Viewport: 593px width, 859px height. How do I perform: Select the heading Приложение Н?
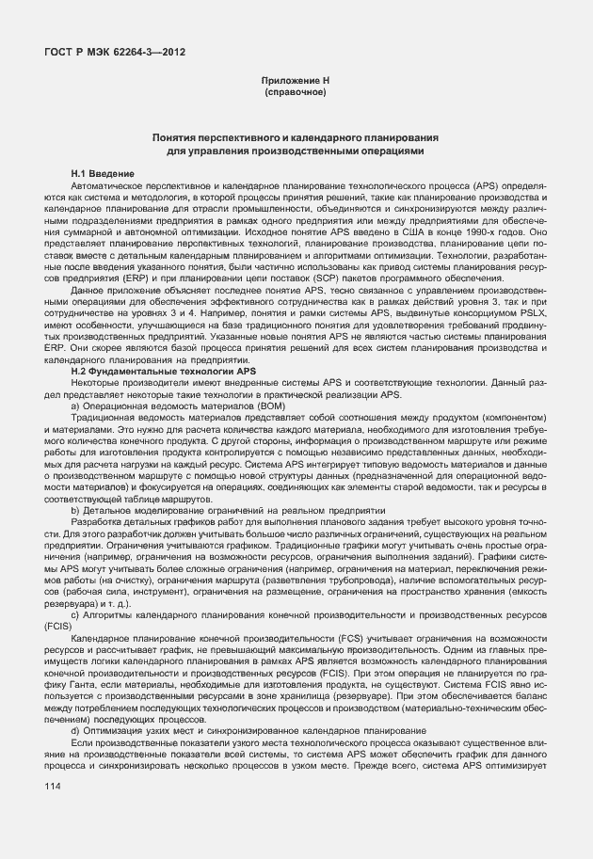pos(296,82)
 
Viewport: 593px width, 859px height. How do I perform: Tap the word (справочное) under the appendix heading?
pos(296,93)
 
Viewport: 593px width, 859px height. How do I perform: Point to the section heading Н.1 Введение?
pos(103,175)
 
